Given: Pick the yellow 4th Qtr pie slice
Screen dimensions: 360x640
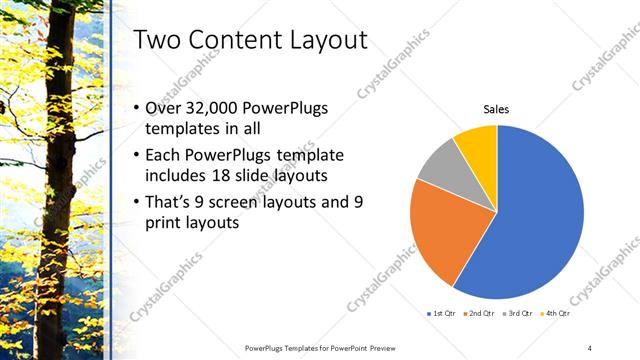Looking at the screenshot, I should (x=477, y=148).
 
